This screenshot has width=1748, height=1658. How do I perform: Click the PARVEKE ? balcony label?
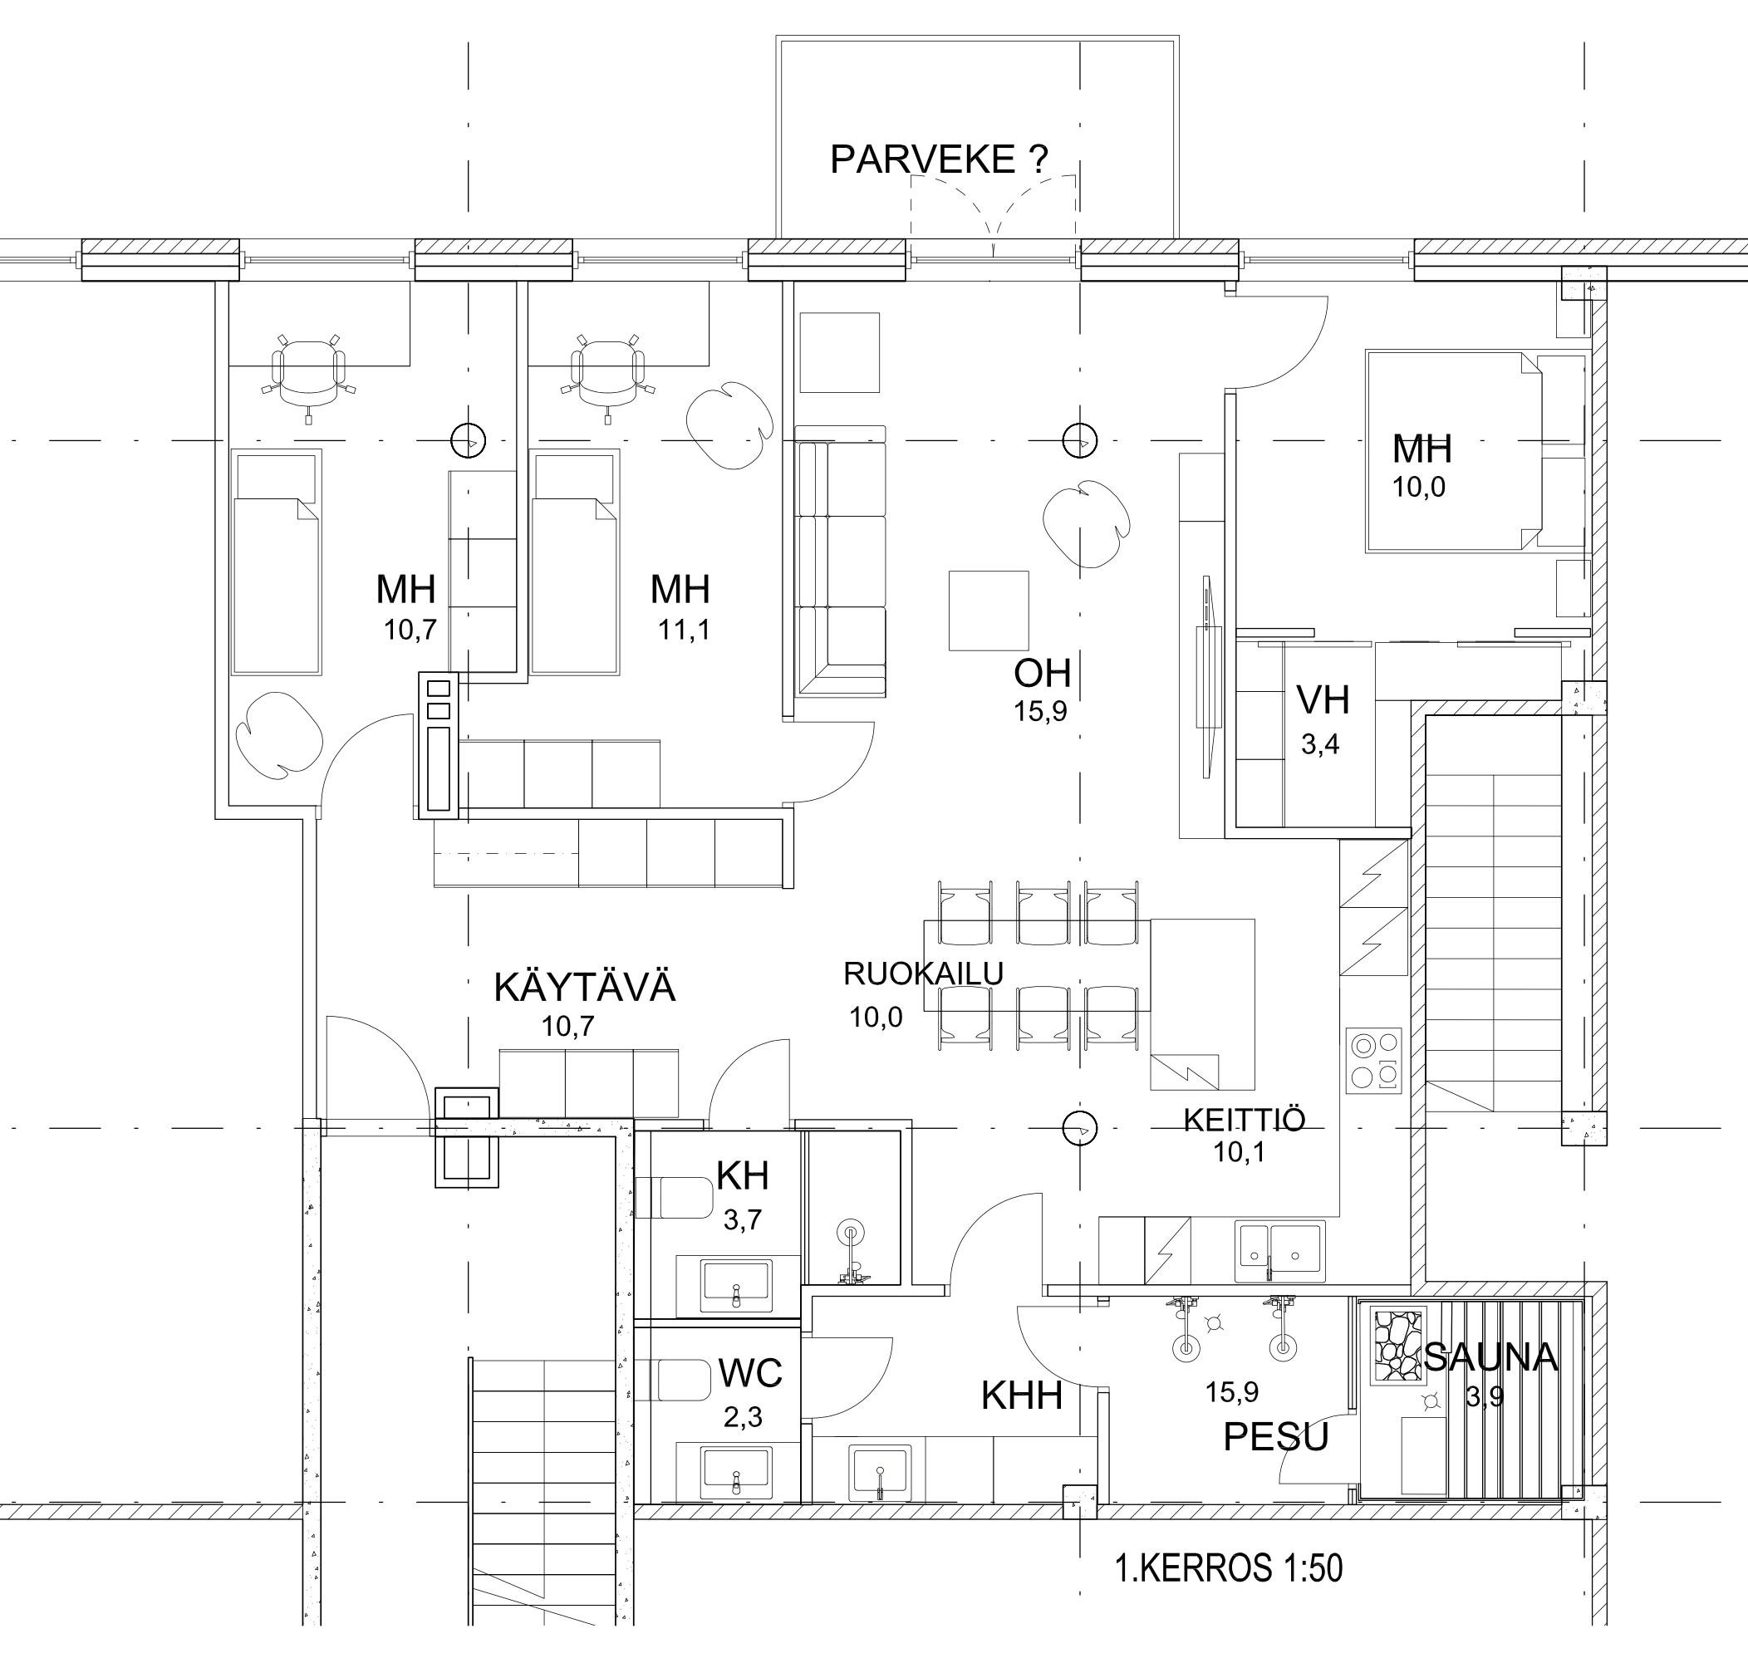point(940,160)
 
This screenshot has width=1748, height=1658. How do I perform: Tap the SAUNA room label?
point(1490,1357)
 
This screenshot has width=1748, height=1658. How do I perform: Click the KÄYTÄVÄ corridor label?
point(584,987)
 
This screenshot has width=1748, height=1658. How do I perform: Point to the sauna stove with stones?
point(1397,1344)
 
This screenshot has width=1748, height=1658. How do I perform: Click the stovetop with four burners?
point(1374,1062)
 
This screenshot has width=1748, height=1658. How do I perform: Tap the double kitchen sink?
point(1279,1252)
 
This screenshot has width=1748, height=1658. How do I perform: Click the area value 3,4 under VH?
point(1319,744)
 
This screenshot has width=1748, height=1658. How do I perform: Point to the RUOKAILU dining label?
point(924,973)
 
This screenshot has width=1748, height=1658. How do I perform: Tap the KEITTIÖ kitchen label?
point(1245,1120)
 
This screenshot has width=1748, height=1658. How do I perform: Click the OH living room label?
point(1043,674)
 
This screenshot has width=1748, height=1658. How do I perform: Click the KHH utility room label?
point(1022,1396)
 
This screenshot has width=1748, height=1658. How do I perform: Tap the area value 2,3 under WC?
point(743,1418)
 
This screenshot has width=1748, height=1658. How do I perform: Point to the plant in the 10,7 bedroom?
point(279,735)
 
